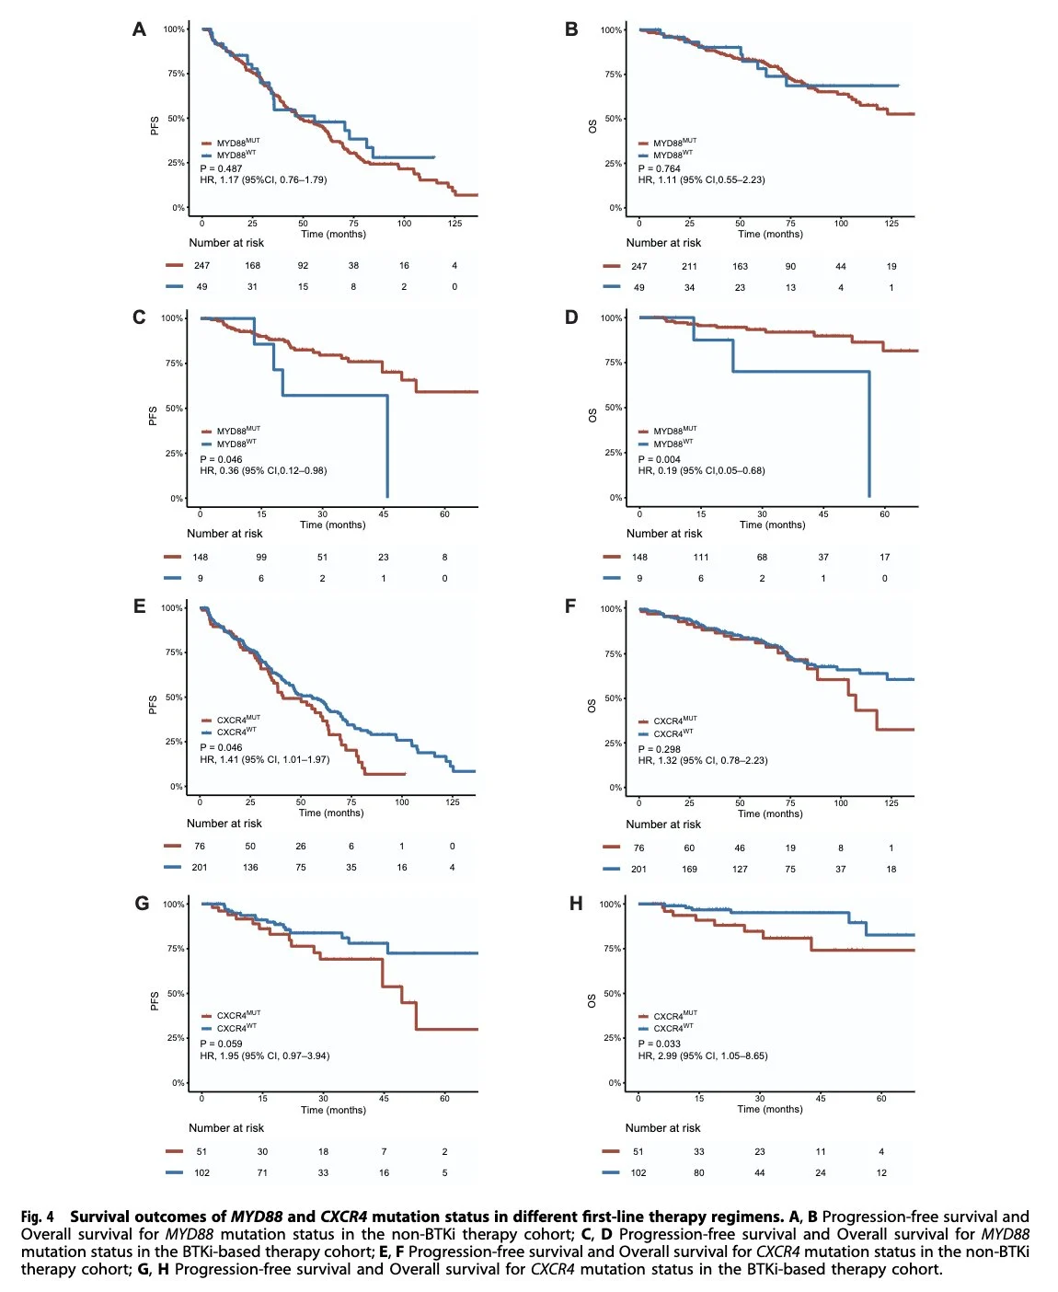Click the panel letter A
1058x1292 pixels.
(139, 29)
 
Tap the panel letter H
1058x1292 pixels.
(576, 904)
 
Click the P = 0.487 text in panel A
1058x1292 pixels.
(221, 168)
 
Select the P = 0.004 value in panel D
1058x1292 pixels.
(659, 459)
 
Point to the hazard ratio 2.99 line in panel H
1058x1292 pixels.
(703, 1056)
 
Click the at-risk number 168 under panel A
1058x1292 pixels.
(252, 266)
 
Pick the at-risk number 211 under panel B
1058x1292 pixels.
(689, 267)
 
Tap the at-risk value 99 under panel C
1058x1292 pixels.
(261, 558)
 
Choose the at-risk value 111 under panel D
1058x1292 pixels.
(701, 558)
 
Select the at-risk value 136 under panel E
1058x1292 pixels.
(250, 868)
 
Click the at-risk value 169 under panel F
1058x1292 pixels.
(689, 870)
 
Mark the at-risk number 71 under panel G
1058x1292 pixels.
(262, 1173)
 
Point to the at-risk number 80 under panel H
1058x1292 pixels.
(699, 1173)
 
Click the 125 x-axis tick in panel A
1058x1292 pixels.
(454, 224)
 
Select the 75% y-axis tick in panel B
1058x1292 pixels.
(613, 75)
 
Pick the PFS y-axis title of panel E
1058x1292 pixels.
(153, 705)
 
